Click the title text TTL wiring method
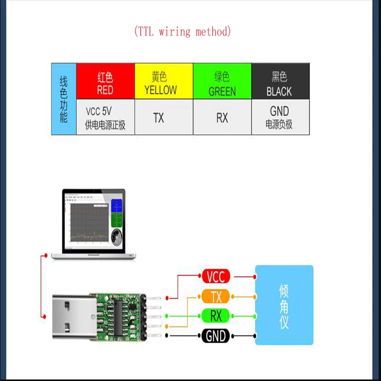click(x=183, y=32)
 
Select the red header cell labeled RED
click(x=105, y=82)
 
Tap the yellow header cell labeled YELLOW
click(x=164, y=82)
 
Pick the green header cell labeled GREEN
click(x=222, y=82)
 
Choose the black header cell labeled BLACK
click(x=280, y=82)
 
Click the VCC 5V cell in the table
click(x=105, y=118)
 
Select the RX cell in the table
click(x=222, y=118)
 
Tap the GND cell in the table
click(x=280, y=117)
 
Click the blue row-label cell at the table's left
click(x=64, y=99)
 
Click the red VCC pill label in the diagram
click(x=216, y=276)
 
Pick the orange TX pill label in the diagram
click(x=216, y=297)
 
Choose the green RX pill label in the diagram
click(x=216, y=316)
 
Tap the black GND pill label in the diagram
click(x=216, y=336)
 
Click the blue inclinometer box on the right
click(x=284, y=305)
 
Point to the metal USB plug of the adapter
click(x=71, y=316)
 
